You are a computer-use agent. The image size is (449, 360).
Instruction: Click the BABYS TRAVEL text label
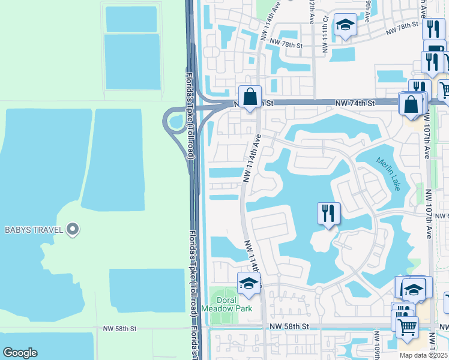[x=34, y=229]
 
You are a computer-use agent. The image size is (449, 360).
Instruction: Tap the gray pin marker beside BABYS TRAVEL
[x=73, y=229]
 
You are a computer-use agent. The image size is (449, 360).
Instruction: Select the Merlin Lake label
[x=389, y=174]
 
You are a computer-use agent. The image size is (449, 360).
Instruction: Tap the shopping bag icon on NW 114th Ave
[x=250, y=97]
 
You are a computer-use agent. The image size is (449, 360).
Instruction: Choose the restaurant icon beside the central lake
[x=328, y=214]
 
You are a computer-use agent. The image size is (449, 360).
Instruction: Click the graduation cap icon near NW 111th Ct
[x=345, y=25]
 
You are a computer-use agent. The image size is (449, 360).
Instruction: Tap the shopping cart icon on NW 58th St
[x=408, y=326]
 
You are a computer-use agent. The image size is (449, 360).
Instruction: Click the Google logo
[x=20, y=353]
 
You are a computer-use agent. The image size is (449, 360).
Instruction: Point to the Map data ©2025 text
[x=424, y=355]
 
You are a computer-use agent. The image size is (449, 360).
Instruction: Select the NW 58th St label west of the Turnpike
[x=120, y=329]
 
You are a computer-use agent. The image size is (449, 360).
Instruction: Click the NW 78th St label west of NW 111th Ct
[x=284, y=42]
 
